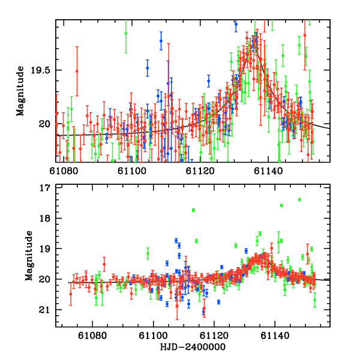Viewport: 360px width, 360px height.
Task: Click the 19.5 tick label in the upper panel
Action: [x=43, y=70]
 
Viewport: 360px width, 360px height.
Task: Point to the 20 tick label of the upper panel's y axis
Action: [x=44, y=124]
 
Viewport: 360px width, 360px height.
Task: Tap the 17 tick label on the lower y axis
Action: [x=44, y=188]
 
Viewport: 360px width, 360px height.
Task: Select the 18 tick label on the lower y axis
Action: [x=44, y=218]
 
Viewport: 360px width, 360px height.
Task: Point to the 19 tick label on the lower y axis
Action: [x=44, y=248]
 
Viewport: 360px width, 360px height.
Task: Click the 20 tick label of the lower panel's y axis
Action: [x=44, y=279]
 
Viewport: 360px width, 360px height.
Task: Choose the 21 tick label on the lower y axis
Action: [x=44, y=310]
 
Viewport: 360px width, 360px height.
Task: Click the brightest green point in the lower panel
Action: [x=299, y=199]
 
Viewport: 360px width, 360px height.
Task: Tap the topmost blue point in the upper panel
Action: [x=236, y=24]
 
